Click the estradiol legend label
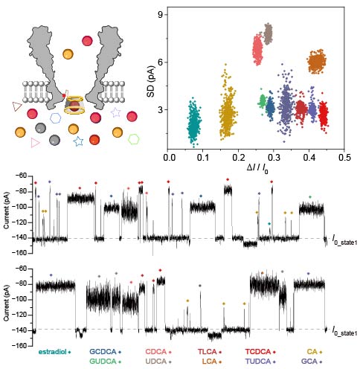pyautogui.click(x=52, y=352)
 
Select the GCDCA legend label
pyautogui.click(x=103, y=352)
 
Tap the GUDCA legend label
pyautogui.click(x=103, y=362)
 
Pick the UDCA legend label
pyautogui.click(x=155, y=362)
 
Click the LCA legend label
pyautogui.click(x=210, y=362)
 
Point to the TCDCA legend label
pyautogui.click(x=258, y=352)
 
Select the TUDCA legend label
pyautogui.click(x=258, y=362)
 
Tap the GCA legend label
pyautogui.click(x=309, y=362)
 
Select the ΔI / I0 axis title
pyautogui.click(x=257, y=168)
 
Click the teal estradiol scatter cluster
pyautogui.click(x=194, y=123)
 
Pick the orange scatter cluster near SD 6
pyautogui.click(x=317, y=62)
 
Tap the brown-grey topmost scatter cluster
pyautogui.click(x=268, y=34)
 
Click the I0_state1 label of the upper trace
pyautogui.click(x=344, y=240)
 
